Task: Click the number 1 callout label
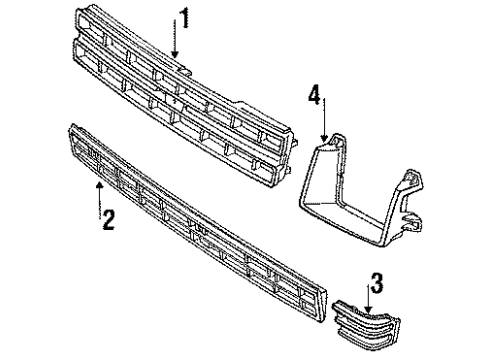click(183, 17)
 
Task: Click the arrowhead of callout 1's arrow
click(174, 55)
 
